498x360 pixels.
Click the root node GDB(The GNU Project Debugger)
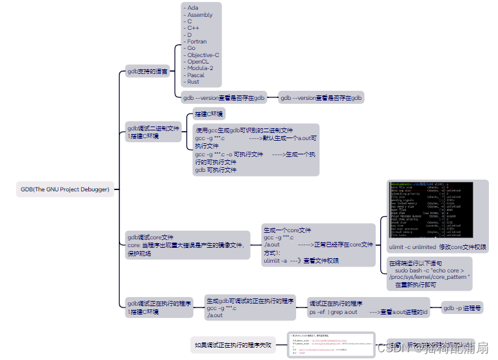(66, 190)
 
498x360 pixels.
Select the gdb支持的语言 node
(148, 71)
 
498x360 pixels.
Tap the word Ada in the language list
(193, 8)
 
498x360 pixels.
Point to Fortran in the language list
(197, 42)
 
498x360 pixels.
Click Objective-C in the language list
(203, 55)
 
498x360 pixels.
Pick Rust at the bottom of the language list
(193, 82)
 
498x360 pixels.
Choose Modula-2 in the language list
(201, 68)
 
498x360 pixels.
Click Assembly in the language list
(200, 15)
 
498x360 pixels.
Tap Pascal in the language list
(195, 75)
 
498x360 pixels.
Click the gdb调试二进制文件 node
(154, 132)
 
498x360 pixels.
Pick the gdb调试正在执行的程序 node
(159, 307)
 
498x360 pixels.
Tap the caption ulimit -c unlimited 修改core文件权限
(438, 247)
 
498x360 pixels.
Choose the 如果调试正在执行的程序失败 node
(232, 345)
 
